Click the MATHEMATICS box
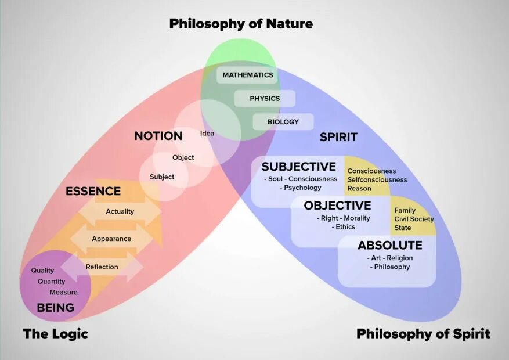247,75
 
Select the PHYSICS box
265,99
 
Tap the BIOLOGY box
283,122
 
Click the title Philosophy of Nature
241,24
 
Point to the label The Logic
56,334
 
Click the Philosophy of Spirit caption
423,334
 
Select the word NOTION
158,136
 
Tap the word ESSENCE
93,191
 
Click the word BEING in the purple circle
56,308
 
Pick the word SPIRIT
338,138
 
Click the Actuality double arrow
120,211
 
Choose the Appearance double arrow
111,239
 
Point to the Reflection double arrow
102,267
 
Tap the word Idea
207,133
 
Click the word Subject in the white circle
162,177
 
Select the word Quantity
52,282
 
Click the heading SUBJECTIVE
299,167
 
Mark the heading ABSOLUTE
390,245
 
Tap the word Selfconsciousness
377,180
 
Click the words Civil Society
414,219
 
